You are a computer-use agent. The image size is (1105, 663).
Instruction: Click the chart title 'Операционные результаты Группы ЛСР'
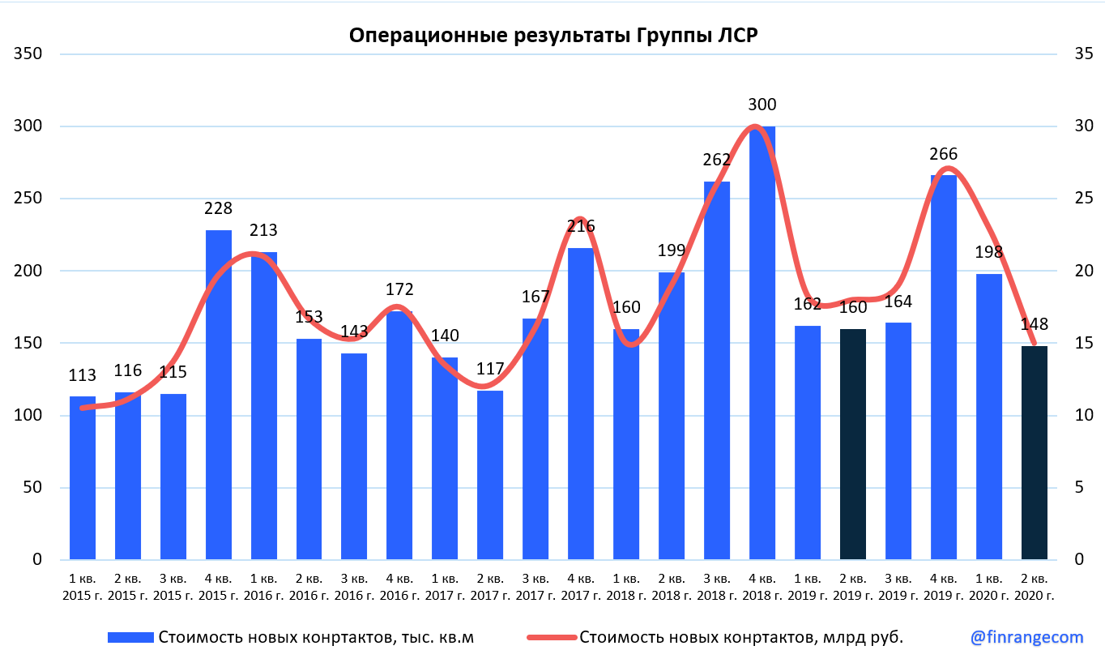(553, 36)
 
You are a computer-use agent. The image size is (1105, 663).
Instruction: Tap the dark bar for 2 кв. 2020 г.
(1034, 453)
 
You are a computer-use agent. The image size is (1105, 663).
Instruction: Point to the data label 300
(762, 105)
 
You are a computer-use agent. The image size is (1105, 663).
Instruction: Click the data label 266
(944, 154)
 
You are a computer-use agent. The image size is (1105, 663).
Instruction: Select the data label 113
(83, 375)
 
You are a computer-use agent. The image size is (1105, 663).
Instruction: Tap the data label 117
(490, 370)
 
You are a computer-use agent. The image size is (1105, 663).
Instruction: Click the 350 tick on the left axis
(28, 54)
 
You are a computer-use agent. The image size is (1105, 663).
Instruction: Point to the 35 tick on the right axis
(1083, 54)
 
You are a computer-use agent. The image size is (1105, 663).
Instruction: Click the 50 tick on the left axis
(32, 488)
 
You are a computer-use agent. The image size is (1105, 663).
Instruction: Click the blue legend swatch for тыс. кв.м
(130, 638)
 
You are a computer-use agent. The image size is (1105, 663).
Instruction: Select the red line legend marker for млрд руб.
(552, 638)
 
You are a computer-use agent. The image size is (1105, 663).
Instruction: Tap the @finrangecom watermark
(1027, 637)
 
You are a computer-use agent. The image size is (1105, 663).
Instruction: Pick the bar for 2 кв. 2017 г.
(490, 475)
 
